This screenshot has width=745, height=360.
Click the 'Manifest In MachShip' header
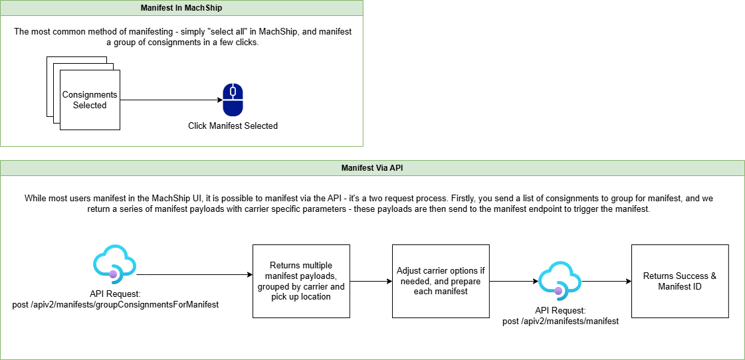click(181, 8)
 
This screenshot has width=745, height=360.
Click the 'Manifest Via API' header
click(372, 168)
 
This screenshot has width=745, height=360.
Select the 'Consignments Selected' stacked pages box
click(90, 100)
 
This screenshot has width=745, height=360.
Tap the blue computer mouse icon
click(233, 100)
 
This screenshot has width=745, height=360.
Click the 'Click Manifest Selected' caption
click(233, 126)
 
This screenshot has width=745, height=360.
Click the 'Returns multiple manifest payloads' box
click(301, 281)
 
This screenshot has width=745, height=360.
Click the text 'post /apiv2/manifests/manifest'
click(560, 321)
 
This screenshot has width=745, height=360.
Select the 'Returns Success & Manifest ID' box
click(679, 281)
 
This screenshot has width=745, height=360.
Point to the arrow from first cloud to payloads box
click(193, 274)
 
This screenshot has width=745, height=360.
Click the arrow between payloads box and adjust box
click(371, 281)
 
